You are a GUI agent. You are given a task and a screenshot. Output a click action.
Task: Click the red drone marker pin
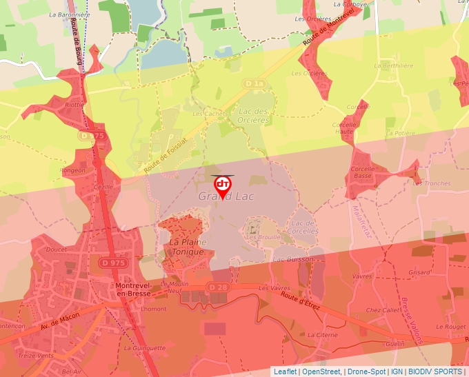point(223,185)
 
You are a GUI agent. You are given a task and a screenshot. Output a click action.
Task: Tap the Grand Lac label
point(226,197)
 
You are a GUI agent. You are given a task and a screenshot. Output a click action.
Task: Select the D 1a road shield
point(255,83)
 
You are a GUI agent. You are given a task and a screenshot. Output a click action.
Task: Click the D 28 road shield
point(218,287)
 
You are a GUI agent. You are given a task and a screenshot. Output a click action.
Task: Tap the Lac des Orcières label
point(252,115)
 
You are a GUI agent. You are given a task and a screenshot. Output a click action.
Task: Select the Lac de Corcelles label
point(303,227)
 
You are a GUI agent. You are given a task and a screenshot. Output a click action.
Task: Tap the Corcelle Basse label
point(363,172)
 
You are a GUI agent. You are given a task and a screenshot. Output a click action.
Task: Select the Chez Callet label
point(382,311)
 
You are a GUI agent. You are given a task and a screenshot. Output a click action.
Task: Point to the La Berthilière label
point(394,65)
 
